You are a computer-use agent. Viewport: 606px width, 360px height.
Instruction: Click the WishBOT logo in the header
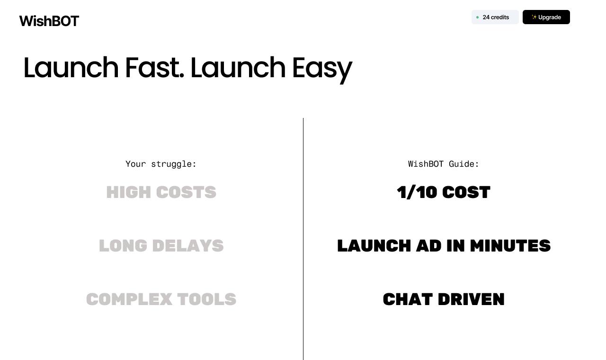(x=49, y=21)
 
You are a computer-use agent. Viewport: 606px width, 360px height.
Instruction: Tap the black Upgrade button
(x=546, y=17)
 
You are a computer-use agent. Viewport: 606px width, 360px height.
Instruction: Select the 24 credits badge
(x=495, y=17)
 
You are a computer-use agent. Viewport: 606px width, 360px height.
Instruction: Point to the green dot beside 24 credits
(x=477, y=18)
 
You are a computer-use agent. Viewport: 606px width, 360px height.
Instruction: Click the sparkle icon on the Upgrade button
(x=534, y=17)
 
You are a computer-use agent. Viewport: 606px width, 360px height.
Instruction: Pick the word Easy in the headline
(x=321, y=68)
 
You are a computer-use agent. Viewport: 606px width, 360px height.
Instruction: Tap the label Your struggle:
(x=161, y=164)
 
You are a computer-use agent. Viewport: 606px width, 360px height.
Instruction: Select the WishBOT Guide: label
(x=444, y=164)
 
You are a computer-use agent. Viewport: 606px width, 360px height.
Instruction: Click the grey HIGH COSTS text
(x=161, y=192)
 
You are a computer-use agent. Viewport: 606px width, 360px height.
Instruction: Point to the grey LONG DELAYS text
(x=161, y=246)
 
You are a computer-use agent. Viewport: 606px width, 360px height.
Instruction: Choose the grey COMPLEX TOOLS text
(x=161, y=299)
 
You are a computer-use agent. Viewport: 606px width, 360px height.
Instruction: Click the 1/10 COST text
(x=444, y=192)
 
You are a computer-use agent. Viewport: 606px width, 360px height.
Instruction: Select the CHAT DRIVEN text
(x=444, y=299)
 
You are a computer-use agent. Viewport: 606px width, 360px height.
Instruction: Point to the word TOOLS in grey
(x=206, y=299)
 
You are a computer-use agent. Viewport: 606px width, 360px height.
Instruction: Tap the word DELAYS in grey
(x=187, y=246)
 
